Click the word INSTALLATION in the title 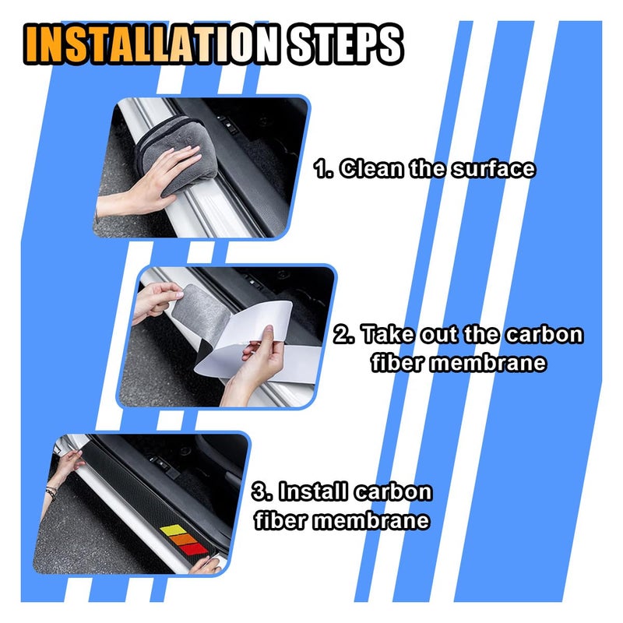click(x=152, y=44)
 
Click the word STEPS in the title click(x=344, y=44)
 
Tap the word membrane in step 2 click(x=488, y=362)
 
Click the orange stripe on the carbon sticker click(x=184, y=540)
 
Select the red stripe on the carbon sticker click(x=193, y=550)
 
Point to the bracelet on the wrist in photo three click(x=51, y=493)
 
